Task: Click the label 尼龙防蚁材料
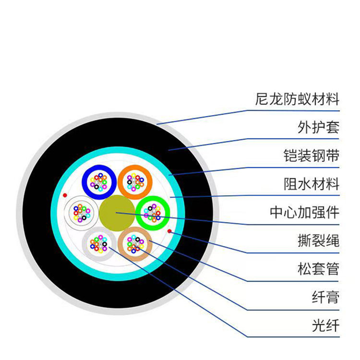298,99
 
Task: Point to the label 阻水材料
311,184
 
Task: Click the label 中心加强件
304,212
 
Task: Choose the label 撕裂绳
318,240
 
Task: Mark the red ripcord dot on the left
65,195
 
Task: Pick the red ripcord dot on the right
170,231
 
